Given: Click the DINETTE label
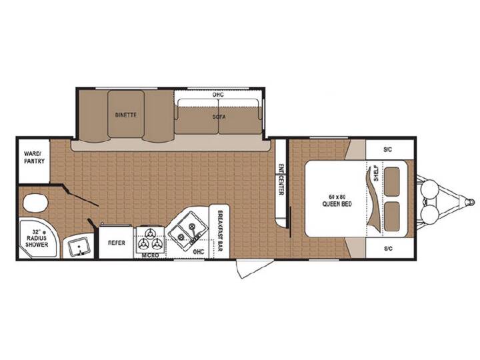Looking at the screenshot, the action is click(x=126, y=115).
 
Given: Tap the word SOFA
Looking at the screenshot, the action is click(x=219, y=117).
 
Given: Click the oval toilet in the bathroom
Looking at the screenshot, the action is click(x=36, y=203).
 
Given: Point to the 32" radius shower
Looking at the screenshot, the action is click(x=37, y=238).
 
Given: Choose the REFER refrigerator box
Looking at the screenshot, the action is click(x=116, y=242).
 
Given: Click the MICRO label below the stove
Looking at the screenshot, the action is click(x=151, y=255).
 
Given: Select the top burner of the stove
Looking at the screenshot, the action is click(x=150, y=234).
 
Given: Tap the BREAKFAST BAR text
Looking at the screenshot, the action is click(x=219, y=231).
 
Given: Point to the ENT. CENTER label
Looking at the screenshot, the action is click(x=281, y=180).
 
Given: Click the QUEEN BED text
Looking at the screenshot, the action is click(x=337, y=204).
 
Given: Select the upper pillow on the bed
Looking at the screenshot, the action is click(x=392, y=181).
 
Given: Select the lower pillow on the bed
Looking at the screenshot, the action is click(x=392, y=217).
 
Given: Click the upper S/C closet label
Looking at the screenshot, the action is click(x=387, y=150).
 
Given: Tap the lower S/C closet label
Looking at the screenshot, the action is click(x=388, y=248).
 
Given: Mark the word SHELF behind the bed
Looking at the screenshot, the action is click(x=376, y=173).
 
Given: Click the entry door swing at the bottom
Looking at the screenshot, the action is click(x=255, y=269).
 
